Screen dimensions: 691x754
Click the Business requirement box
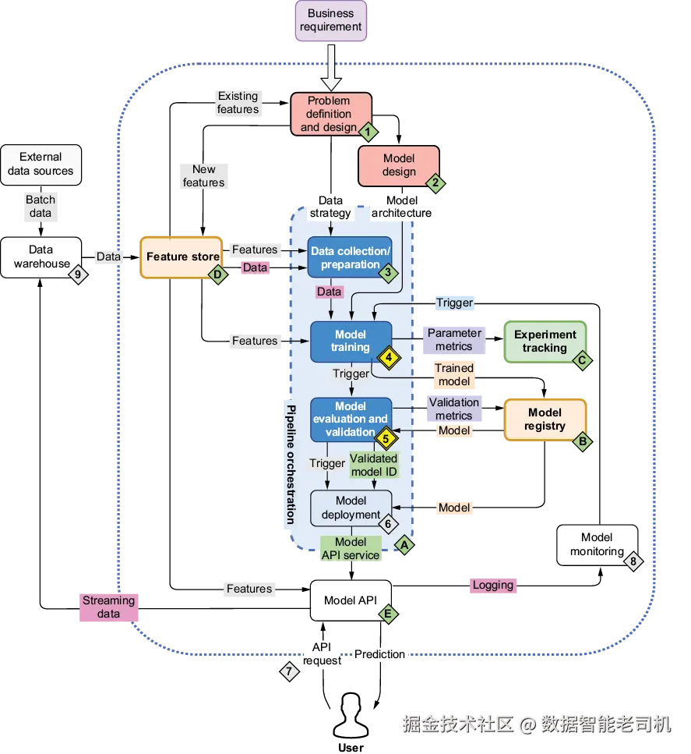point(330,21)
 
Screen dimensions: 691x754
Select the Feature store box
point(182,257)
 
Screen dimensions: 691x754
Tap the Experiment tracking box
point(545,342)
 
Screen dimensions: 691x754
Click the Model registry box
point(545,419)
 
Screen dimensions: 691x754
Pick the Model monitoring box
point(597,545)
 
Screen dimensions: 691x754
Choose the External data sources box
point(41,165)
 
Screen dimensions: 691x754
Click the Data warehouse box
point(41,257)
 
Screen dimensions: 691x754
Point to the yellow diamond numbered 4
point(389,357)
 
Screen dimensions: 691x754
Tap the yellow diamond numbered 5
point(386,438)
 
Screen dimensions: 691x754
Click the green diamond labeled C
point(582,360)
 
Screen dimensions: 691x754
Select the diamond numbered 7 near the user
point(289,671)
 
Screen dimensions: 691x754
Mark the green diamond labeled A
point(404,545)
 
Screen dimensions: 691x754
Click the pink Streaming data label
point(108,607)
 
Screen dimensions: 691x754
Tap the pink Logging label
point(493,586)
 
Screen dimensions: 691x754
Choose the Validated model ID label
point(374,465)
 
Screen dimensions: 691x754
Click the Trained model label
point(454,374)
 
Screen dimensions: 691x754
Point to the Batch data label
point(41,207)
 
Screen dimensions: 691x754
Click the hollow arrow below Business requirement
point(331,67)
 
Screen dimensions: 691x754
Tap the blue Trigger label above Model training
point(455,303)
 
